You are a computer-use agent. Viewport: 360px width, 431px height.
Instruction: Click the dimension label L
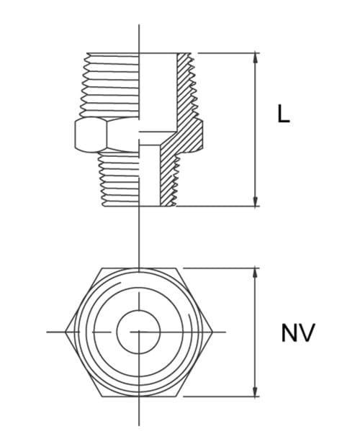pos(284,114)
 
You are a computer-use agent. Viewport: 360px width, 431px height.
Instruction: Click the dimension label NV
pos(297,334)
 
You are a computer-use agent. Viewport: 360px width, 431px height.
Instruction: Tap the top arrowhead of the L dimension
pos(255,57)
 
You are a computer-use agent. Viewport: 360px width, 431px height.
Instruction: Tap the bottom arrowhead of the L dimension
pos(255,201)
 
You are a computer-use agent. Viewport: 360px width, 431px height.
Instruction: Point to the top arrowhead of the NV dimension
pos(255,273)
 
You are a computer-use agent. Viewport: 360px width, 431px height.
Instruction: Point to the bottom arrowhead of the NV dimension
pos(255,391)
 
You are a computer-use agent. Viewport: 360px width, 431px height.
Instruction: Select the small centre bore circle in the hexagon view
pos(139,332)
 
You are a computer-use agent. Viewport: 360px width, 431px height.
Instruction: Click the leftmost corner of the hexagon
pos(66,332)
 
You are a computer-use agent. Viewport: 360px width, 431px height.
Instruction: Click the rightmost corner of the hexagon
pos(213,332)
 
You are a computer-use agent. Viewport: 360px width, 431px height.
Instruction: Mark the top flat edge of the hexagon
pos(139,268)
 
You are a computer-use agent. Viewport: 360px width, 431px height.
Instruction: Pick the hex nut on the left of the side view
pos(91,134)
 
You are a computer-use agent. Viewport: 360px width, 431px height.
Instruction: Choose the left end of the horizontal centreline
pos(48,332)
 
